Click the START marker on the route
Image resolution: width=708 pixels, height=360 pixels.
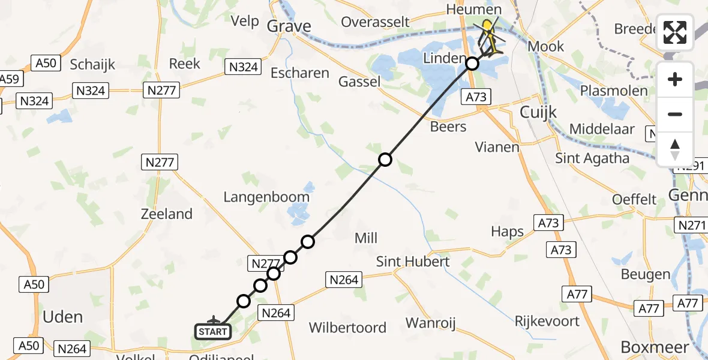213,331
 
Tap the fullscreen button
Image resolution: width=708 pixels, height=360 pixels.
675,32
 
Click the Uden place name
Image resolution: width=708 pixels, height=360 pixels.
63,317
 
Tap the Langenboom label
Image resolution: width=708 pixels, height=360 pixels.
266,196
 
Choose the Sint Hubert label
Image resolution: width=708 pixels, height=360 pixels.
413,262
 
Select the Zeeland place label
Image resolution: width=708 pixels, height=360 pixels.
166,214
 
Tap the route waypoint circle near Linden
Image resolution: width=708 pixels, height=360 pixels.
472,63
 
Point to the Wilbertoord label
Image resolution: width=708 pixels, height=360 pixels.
347,328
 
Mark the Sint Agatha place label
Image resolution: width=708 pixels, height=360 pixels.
592,158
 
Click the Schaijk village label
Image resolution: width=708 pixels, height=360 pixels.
92,64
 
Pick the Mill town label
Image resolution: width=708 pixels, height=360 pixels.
366,238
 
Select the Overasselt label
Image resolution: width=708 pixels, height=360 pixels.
375,22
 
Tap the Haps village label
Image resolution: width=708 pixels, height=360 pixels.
507,232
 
